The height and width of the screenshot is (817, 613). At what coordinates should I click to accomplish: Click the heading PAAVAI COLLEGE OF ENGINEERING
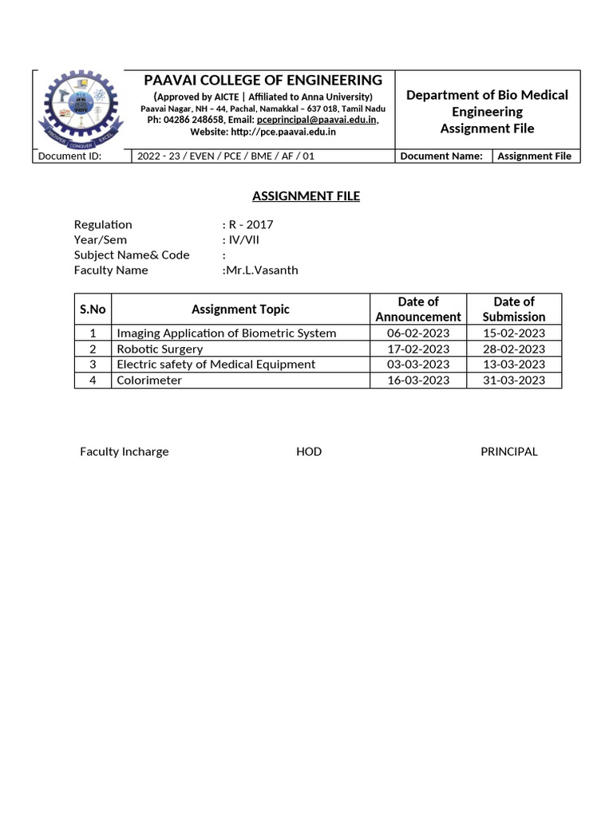pyautogui.click(x=263, y=80)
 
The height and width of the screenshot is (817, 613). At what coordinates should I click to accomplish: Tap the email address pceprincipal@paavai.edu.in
pyautogui.click(x=317, y=120)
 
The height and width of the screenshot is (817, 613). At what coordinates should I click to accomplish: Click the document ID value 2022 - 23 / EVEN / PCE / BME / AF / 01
pyautogui.click(x=226, y=156)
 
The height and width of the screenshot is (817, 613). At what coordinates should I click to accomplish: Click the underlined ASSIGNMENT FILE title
pyautogui.click(x=306, y=195)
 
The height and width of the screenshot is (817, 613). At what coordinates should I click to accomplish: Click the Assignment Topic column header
pyautogui.click(x=240, y=309)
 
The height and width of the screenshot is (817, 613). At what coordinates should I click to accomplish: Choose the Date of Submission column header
pyautogui.click(x=513, y=309)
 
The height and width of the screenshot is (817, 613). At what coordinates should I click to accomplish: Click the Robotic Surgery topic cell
pyautogui.click(x=160, y=349)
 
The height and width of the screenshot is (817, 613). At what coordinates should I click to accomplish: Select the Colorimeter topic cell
pyautogui.click(x=149, y=380)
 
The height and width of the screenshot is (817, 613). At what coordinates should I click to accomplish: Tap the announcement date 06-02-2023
pyautogui.click(x=418, y=333)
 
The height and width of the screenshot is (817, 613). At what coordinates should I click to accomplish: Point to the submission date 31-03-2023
pyautogui.click(x=513, y=380)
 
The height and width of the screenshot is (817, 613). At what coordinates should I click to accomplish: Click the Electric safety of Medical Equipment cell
pyautogui.click(x=216, y=364)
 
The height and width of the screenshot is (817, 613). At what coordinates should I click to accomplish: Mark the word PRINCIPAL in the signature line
pyautogui.click(x=508, y=452)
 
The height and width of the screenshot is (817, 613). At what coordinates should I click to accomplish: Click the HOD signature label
pyautogui.click(x=309, y=452)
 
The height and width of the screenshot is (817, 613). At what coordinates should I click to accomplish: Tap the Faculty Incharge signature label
pyautogui.click(x=124, y=452)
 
